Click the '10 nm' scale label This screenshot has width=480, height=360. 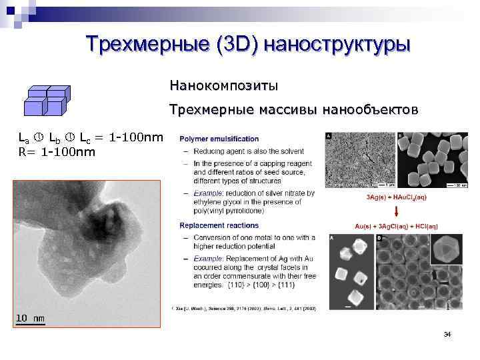coord(30,318)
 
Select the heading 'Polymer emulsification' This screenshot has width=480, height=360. coord(219,139)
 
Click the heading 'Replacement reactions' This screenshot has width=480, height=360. coord(219,226)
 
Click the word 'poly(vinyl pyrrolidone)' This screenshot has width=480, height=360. coord(221,211)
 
